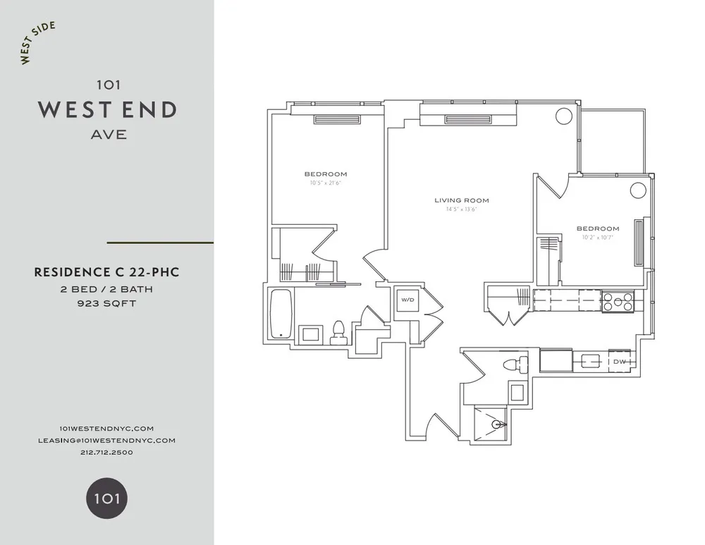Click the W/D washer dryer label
[x=407, y=300]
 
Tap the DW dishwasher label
[x=620, y=362]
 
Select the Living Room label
[x=462, y=200]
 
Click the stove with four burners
[x=618, y=302]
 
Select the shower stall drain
[x=498, y=424]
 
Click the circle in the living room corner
[x=563, y=116]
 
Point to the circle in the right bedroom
[x=638, y=190]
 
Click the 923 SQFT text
[x=106, y=305]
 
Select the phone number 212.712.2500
[x=106, y=452]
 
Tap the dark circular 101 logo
[x=106, y=499]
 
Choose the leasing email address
[x=106, y=440]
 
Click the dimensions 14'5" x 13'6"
[x=462, y=209]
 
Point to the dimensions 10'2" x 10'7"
[x=598, y=237]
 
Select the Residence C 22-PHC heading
[x=106, y=272]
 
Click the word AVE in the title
[x=109, y=135]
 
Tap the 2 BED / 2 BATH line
[x=106, y=289]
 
